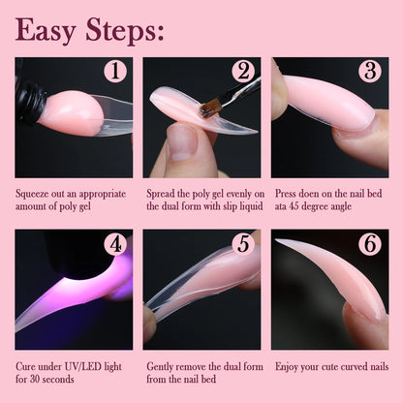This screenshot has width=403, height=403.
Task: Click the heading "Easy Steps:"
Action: (x=88, y=31)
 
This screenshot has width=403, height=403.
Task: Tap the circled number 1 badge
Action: (x=115, y=72)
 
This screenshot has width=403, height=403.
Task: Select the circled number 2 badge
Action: (x=242, y=72)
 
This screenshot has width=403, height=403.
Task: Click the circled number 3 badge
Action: (x=369, y=72)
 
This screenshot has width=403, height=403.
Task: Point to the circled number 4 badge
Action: (x=115, y=244)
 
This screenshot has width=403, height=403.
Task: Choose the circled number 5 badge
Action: (x=242, y=244)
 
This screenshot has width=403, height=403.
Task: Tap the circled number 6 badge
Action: (x=369, y=244)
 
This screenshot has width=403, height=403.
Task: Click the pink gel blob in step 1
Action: (x=71, y=112)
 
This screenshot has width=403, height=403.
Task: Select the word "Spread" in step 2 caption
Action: (x=162, y=192)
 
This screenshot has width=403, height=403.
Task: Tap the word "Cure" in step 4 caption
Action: (x=28, y=367)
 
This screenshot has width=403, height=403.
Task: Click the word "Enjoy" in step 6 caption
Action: (x=288, y=367)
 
